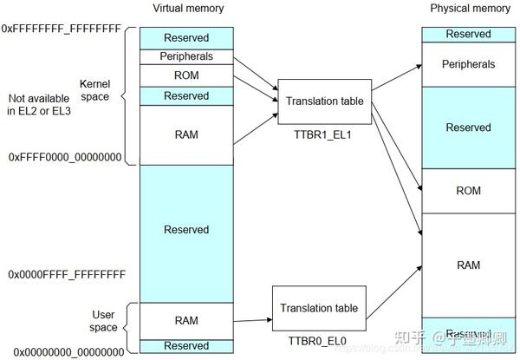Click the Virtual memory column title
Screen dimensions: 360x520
coord(187,9)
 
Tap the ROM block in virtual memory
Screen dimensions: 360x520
coord(186,75)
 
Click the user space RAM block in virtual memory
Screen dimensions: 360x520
coord(186,320)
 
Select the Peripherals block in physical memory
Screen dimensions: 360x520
coord(468,64)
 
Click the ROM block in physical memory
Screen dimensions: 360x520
coord(468,191)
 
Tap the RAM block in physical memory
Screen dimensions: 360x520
coord(468,265)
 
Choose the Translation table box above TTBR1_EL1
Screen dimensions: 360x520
coord(324,101)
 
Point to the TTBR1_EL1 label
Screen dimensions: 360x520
coord(324,137)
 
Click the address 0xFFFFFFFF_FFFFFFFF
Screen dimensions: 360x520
coord(62,29)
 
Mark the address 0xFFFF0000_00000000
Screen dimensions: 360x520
coord(66,158)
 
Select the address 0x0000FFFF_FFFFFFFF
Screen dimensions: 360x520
coord(67,274)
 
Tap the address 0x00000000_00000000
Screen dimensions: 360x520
coord(66,353)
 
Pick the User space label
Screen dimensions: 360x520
coord(103,320)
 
